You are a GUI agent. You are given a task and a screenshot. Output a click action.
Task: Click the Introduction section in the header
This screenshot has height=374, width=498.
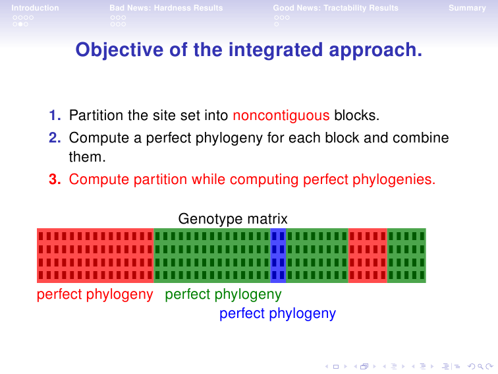coord(36,8)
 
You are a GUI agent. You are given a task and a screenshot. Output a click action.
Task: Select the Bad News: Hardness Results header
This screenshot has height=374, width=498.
coord(166,8)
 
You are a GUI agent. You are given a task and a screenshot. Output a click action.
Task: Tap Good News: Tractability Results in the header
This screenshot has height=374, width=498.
coord(336,8)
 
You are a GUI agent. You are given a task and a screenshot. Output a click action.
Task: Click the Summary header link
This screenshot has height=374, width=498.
coord(467,8)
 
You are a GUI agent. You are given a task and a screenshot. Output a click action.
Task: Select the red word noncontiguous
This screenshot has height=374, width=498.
coord(281,115)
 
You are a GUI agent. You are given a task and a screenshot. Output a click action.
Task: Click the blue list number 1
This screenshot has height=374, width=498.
coord(55,115)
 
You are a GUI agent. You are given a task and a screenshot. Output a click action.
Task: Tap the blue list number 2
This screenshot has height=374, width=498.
coord(55,138)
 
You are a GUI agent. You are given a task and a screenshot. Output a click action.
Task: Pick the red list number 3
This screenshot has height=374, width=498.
coord(55,179)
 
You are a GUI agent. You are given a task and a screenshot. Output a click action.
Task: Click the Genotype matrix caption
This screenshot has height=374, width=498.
coord(233,219)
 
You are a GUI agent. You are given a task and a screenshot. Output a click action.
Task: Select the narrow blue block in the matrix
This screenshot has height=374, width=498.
coord(278,255)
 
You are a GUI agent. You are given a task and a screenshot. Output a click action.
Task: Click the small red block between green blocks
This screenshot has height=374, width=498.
coord(368,255)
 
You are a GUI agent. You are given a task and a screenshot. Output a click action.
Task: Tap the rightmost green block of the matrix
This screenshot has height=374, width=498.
coord(406,255)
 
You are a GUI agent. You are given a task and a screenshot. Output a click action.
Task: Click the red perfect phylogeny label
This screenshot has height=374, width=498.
coord(95,294)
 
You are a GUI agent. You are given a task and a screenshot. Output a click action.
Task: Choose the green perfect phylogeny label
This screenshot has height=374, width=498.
coord(223,294)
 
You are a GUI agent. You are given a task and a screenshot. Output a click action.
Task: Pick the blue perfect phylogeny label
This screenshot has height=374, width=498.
coord(277,313)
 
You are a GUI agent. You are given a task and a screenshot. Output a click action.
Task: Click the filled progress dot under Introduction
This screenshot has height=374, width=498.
coord(20,24)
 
